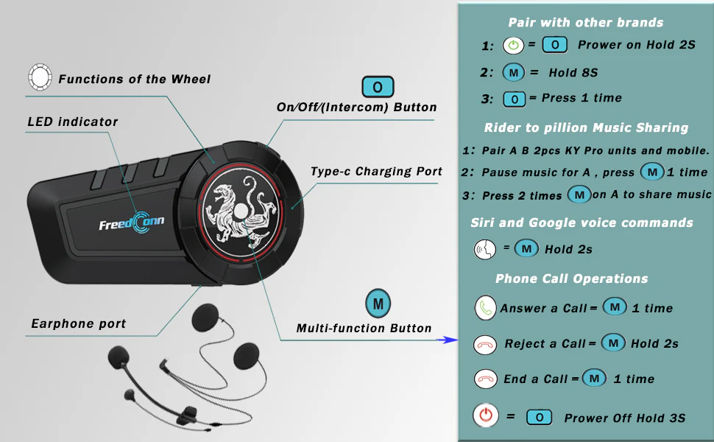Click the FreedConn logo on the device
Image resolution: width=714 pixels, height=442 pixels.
click(x=132, y=222)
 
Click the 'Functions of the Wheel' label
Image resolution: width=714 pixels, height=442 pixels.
click(x=134, y=80)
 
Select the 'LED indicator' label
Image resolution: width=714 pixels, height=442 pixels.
click(x=72, y=122)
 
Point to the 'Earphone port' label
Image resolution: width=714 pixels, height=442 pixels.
click(x=78, y=323)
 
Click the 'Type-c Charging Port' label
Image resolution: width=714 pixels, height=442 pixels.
click(x=376, y=172)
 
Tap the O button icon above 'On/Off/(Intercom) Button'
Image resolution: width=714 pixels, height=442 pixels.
click(x=378, y=87)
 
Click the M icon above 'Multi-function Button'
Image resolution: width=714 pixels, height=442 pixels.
click(x=378, y=304)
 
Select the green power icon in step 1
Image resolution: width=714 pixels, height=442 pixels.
click(x=513, y=46)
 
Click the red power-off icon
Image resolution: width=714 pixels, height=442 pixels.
click(x=486, y=415)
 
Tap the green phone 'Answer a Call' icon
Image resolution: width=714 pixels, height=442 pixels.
click(x=485, y=308)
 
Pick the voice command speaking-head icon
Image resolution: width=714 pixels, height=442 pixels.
click(x=485, y=250)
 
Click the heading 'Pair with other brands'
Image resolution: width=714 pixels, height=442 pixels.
click(x=586, y=22)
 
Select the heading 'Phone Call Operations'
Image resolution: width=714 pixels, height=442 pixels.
click(x=571, y=278)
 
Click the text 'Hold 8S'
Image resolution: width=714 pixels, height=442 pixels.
click(x=573, y=72)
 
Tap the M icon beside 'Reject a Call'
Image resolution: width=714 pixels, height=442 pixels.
click(x=613, y=343)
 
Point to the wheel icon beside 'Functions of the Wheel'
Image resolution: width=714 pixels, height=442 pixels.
click(x=40, y=77)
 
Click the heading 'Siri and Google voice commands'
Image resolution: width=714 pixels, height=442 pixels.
click(x=582, y=222)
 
